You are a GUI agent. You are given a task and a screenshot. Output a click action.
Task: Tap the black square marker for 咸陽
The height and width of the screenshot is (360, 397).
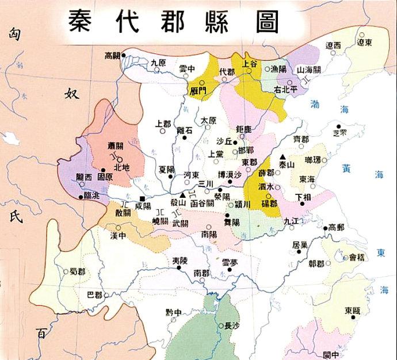click(x=142, y=199)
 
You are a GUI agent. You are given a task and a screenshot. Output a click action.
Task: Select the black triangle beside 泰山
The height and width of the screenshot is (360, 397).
click(x=283, y=157)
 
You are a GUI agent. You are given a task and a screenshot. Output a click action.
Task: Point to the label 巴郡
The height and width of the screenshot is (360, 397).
click(x=94, y=295)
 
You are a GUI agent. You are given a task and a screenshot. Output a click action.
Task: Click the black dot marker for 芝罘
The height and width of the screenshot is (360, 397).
click(x=339, y=126)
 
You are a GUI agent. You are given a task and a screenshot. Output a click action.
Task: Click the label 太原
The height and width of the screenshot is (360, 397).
click(x=208, y=121)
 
